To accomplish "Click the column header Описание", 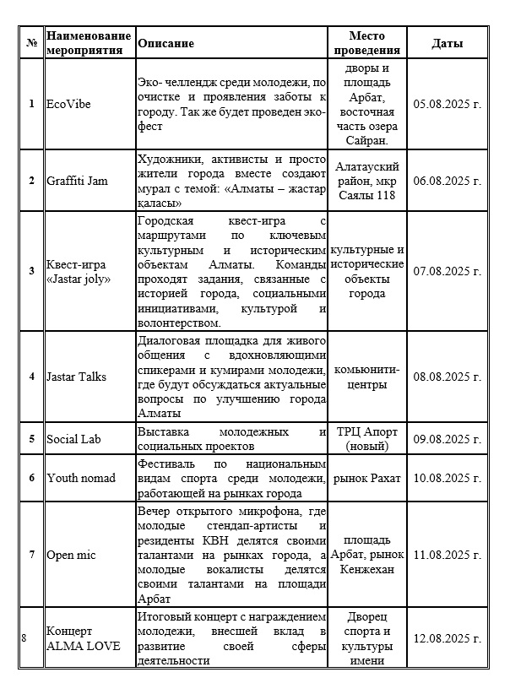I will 165,43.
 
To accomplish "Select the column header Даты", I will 447,43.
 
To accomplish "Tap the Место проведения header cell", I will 366,43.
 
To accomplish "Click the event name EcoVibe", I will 68,103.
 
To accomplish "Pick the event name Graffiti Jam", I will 77,181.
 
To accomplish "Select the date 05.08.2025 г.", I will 448,103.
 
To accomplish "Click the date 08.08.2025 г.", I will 448,377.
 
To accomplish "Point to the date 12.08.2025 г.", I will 448,637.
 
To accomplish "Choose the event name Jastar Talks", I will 76,377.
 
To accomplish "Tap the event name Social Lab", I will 73,438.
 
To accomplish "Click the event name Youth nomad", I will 80,478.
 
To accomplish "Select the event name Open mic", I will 70,555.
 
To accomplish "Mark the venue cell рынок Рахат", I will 366,478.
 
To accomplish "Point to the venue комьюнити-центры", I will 366,377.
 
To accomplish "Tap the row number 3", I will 31,270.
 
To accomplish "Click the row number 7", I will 31,555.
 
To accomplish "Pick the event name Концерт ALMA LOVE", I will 83,638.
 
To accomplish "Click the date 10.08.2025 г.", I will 448,478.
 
